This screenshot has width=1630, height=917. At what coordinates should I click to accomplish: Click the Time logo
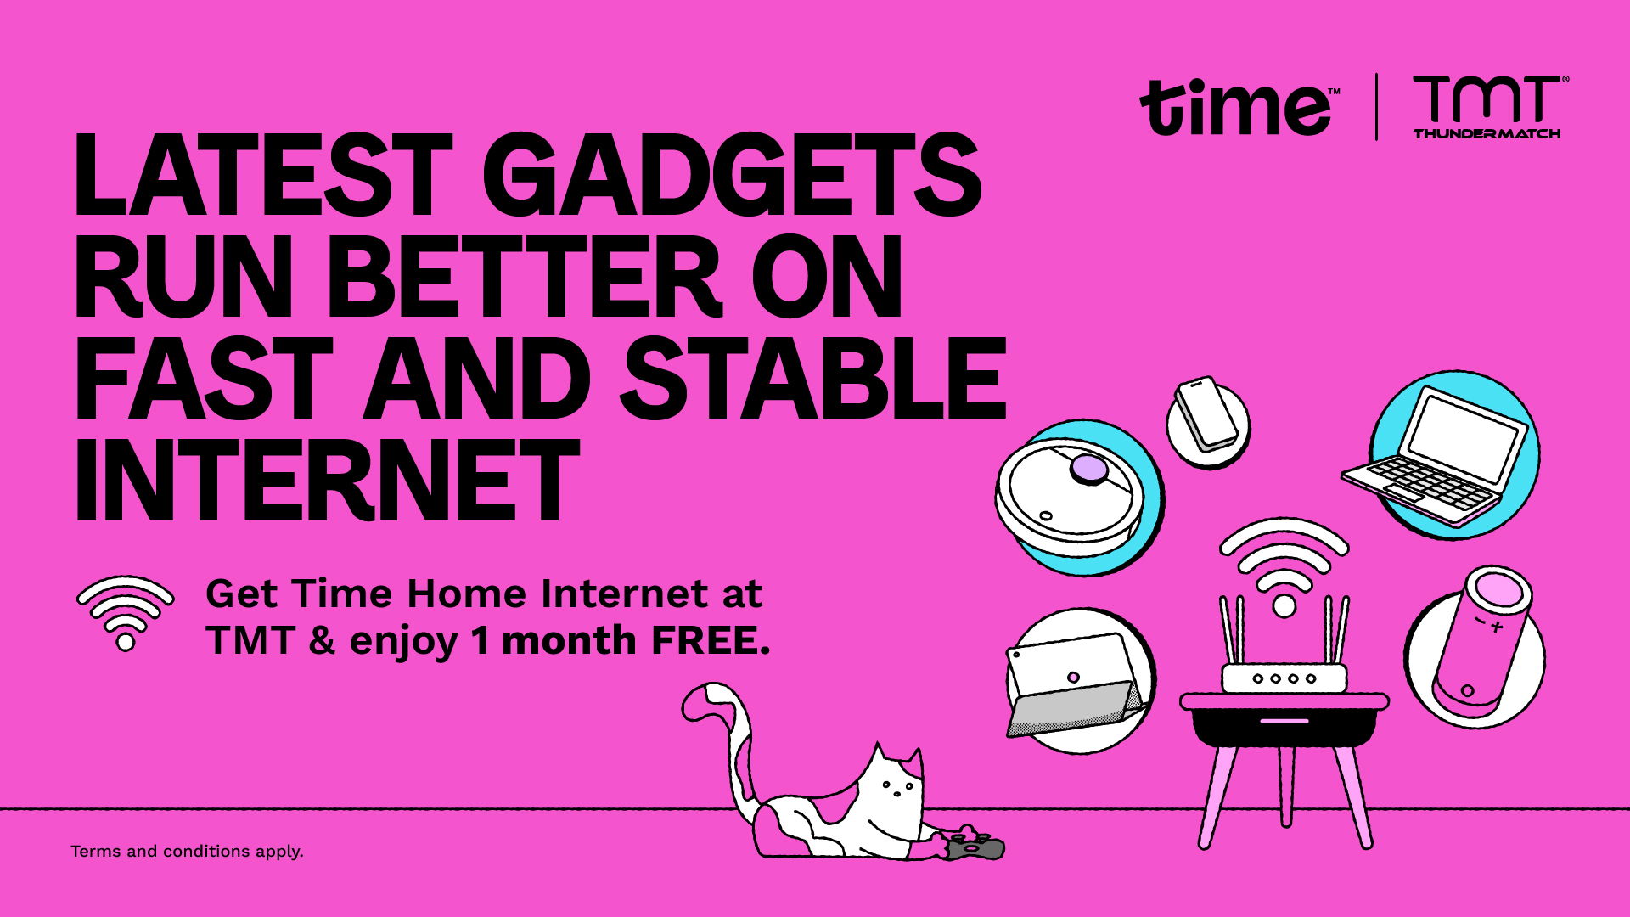[1239, 107]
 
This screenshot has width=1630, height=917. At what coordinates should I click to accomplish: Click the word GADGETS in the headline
[731, 177]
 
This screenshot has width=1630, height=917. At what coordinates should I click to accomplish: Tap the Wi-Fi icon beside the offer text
[126, 613]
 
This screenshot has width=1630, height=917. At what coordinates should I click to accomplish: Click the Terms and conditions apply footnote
[187, 851]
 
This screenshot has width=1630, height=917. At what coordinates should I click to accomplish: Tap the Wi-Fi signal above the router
[1284, 566]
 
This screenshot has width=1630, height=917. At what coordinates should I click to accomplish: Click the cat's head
[891, 785]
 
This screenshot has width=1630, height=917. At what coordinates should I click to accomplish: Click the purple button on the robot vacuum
[1089, 469]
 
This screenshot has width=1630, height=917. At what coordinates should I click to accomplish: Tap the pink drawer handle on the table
[1284, 721]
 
